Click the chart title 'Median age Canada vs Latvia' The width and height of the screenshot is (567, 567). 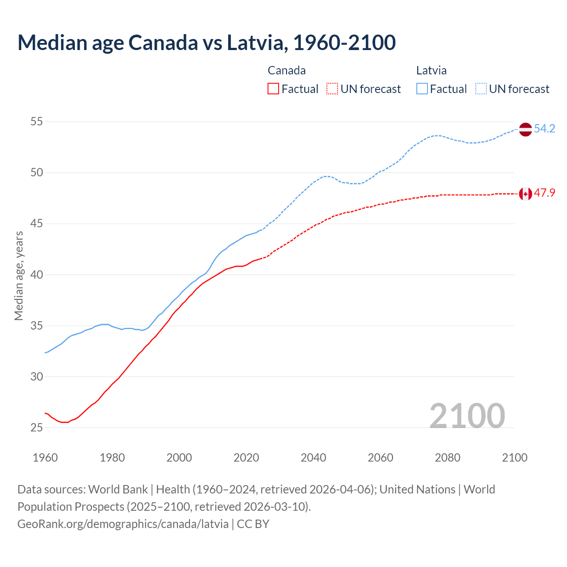click(206, 43)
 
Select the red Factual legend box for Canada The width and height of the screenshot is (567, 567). click(273, 89)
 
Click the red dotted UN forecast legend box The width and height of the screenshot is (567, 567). click(332, 89)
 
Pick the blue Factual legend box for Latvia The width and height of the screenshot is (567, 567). click(422, 89)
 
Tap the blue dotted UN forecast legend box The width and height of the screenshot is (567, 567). click(481, 89)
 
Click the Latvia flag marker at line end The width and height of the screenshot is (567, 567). click(525, 129)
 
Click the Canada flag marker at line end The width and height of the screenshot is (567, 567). click(525, 194)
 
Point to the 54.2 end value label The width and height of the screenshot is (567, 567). click(544, 129)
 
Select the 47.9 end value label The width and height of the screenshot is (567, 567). click(544, 193)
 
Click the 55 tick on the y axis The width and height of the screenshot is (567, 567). click(36, 122)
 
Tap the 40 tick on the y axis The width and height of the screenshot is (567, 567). click(36, 275)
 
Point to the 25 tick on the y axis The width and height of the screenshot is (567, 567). click(36, 428)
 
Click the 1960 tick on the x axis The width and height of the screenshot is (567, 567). click(45, 458)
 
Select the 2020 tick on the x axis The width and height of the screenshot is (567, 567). click(246, 458)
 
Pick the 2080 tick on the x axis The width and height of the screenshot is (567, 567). click(447, 458)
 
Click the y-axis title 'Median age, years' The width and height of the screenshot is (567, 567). click(19, 275)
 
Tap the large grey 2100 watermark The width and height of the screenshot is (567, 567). click(467, 416)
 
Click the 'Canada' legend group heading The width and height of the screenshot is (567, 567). click(287, 70)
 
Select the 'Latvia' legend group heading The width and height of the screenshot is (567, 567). click(431, 70)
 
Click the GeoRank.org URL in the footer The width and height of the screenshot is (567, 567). click(123, 524)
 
